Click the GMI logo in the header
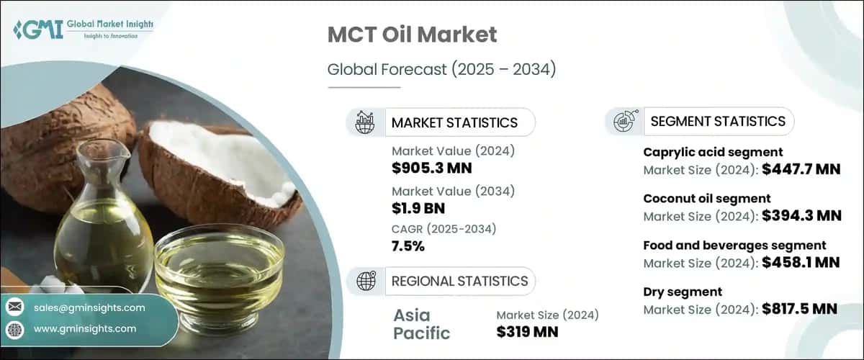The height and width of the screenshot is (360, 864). tap(83, 29)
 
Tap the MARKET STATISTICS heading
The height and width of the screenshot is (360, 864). tap(454, 122)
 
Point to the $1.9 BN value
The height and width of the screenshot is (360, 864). tap(418, 209)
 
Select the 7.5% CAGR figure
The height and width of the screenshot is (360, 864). tap(408, 246)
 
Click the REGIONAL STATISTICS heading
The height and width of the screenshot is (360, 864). tap(459, 282)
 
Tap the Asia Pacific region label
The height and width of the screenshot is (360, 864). tap(422, 324)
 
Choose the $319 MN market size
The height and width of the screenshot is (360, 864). tap(527, 332)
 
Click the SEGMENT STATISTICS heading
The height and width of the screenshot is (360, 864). tap(717, 121)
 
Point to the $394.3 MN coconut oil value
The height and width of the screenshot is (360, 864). tap(801, 215)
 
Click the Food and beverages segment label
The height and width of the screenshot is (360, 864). tap(734, 246)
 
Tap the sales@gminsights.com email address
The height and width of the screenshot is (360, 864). tap(89, 307)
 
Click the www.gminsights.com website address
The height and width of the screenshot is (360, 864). tap(85, 329)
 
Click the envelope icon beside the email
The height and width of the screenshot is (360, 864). tap(14, 307)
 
